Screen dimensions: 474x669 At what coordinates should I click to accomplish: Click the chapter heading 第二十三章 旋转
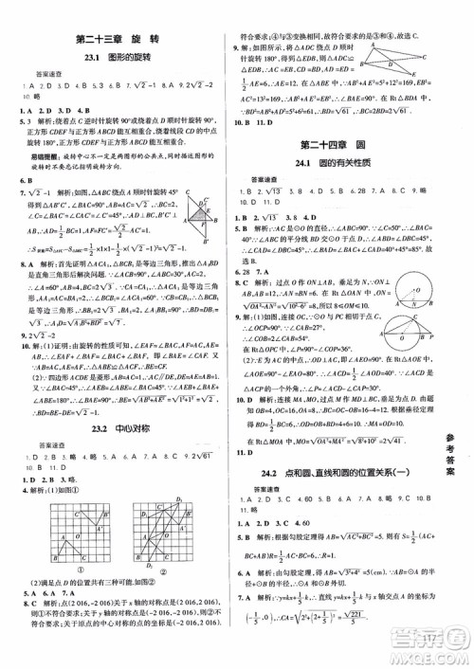point(118,39)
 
